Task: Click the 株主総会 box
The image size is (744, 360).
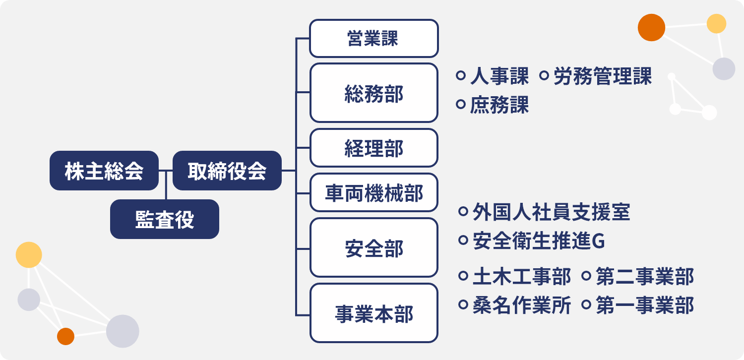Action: pos(104,171)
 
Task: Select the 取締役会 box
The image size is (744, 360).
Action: pos(227,171)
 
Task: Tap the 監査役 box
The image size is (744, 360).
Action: pos(165,219)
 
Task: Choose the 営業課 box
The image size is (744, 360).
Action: pos(374,38)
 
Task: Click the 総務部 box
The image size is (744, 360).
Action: pos(374,93)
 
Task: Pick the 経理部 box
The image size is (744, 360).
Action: pos(374,148)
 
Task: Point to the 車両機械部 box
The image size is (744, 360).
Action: pos(374,192)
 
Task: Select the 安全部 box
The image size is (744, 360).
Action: pos(374,248)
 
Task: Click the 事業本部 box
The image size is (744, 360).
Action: pos(374,313)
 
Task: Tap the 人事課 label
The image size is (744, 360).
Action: pos(499,76)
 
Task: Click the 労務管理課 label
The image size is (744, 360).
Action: pos(603,76)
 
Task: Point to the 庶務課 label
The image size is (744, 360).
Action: pos(499,105)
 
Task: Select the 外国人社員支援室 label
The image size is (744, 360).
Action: pos(552,212)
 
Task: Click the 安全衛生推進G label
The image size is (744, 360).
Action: pos(539,241)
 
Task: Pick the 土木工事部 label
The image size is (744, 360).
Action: pos(522,276)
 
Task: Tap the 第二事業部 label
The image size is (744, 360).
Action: pos(645,276)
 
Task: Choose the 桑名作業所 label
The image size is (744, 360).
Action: pos(522,305)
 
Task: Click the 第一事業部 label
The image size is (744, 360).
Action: pos(645,305)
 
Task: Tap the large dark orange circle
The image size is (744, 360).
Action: pos(651,28)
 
